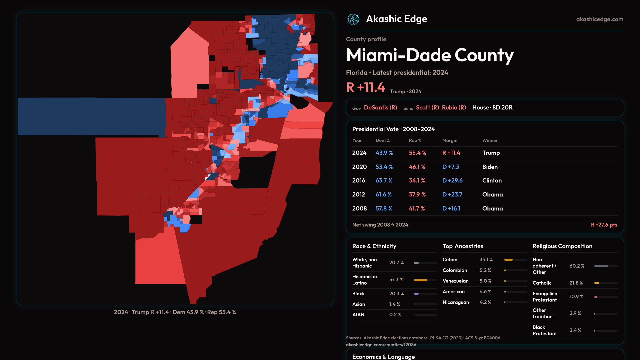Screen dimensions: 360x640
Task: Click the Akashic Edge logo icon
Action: [x=353, y=19]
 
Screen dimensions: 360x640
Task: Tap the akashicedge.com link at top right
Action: [x=600, y=19]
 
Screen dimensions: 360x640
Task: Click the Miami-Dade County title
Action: [x=430, y=55]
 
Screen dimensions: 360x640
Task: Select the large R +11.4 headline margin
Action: [x=366, y=88]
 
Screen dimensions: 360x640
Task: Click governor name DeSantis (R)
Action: [x=380, y=108]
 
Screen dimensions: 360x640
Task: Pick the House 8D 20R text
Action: [x=492, y=108]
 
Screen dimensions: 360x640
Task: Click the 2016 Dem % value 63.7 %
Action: [x=384, y=180]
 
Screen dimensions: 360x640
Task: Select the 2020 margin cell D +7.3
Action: [x=451, y=167]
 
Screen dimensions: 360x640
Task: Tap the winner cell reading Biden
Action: [x=490, y=167]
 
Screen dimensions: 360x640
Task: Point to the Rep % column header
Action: [x=415, y=140]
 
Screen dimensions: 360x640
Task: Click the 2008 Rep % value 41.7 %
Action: [x=417, y=208]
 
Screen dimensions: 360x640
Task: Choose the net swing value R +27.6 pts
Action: [x=604, y=225]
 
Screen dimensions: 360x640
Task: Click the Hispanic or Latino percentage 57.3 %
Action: [x=396, y=280]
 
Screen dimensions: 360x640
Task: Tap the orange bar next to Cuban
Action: [x=508, y=260]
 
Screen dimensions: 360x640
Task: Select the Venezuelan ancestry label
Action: [x=455, y=281]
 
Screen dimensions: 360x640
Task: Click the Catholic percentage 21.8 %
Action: [x=576, y=283]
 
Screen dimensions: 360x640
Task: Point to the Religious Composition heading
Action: [x=562, y=246]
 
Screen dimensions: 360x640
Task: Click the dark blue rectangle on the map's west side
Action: [x=90, y=116]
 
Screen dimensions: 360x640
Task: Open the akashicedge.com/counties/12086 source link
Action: [x=381, y=345]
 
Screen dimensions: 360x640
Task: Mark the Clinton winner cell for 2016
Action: [x=492, y=180]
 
